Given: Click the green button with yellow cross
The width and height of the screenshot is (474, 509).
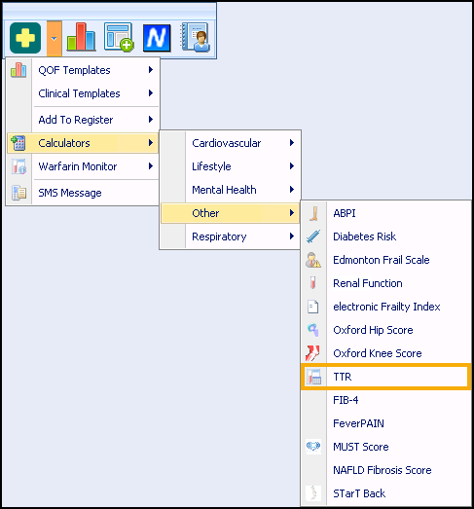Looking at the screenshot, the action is [25, 38].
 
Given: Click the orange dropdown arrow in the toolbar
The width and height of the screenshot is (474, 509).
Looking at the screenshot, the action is [55, 38].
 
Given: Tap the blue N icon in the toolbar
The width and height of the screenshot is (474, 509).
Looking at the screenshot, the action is [157, 38].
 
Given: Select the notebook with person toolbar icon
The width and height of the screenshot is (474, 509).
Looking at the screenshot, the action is [195, 37].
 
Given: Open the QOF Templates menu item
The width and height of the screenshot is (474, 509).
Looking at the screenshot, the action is [74, 70].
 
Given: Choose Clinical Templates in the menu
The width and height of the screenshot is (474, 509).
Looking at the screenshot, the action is [79, 93].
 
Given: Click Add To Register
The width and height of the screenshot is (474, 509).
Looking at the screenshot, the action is [76, 120].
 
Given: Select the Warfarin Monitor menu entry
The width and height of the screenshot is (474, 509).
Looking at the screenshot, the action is [78, 166].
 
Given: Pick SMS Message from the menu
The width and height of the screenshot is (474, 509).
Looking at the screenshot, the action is [70, 193].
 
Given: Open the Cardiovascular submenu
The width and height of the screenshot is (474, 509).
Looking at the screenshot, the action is [226, 143].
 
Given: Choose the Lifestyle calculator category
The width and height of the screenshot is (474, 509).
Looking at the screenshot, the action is [211, 166].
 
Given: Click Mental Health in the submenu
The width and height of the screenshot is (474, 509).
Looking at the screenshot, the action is [224, 190].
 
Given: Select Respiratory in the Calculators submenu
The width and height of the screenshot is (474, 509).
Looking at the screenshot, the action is [219, 236].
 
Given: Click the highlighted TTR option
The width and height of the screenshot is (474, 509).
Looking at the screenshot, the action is [385, 377].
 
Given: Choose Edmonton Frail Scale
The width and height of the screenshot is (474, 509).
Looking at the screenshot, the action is [382, 260].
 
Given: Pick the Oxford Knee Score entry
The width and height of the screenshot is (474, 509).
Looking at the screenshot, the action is [378, 353].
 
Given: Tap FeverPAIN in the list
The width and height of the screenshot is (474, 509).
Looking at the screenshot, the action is [358, 423].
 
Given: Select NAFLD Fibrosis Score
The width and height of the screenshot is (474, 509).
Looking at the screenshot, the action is [383, 470].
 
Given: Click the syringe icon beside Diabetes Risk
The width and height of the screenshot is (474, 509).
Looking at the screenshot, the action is [313, 236].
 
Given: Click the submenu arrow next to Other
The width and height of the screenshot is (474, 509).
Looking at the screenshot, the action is [292, 213].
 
